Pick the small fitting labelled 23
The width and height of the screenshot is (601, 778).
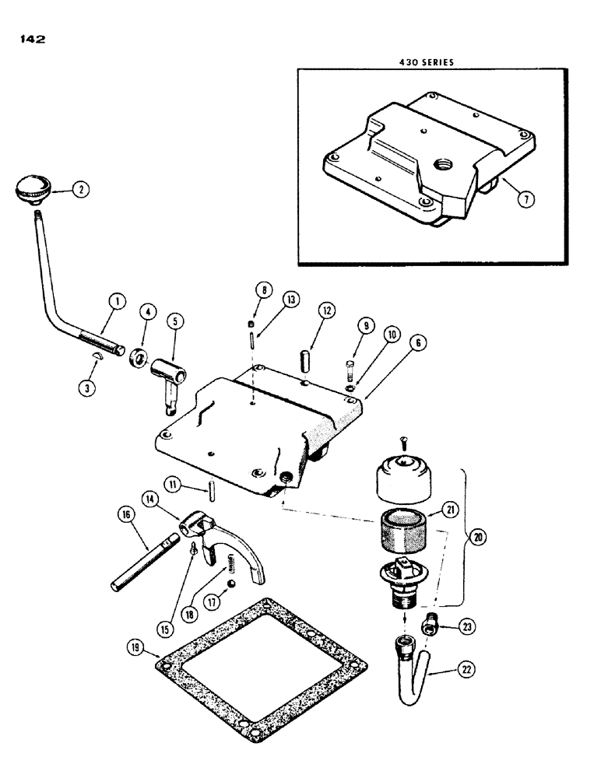[x=430, y=623]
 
